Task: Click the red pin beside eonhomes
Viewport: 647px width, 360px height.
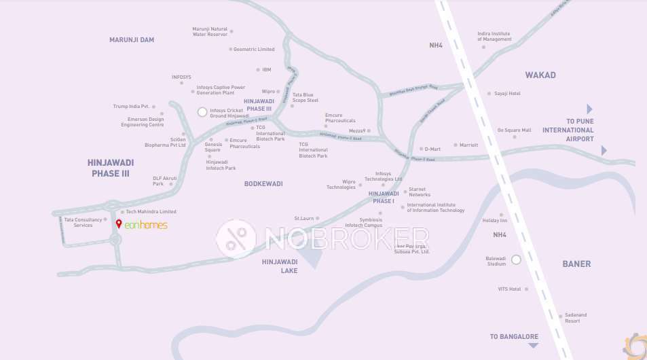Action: [119, 224]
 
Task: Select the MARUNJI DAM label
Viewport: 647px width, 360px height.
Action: [132, 40]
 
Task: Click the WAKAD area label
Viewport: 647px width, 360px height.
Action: [540, 75]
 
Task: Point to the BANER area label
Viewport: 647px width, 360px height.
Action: [576, 264]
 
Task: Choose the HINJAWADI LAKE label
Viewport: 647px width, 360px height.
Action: [280, 266]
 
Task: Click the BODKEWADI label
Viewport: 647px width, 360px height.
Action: [263, 184]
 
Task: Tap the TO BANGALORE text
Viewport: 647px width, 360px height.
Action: [514, 337]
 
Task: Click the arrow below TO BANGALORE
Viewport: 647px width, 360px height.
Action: [533, 346]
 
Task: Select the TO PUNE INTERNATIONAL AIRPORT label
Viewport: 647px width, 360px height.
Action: [568, 130]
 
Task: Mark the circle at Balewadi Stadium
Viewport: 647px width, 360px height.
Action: [516, 259]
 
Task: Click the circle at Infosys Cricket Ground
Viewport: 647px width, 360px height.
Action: [202, 112]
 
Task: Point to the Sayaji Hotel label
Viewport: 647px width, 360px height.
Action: [507, 94]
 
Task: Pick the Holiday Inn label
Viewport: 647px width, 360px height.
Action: [494, 221]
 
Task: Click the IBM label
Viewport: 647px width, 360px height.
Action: [267, 70]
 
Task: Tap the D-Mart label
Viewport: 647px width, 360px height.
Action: [432, 149]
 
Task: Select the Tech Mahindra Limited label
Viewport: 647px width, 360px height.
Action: [151, 212]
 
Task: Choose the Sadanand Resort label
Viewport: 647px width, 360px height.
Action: [572, 318]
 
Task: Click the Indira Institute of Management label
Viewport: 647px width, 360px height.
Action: [494, 36]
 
